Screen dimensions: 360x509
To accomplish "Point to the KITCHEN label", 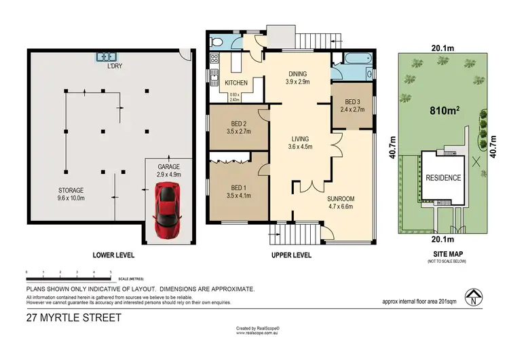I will click(x=235, y=84).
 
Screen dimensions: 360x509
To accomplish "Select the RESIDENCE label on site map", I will click(x=443, y=178).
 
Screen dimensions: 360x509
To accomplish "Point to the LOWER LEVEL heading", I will click(x=113, y=255).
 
